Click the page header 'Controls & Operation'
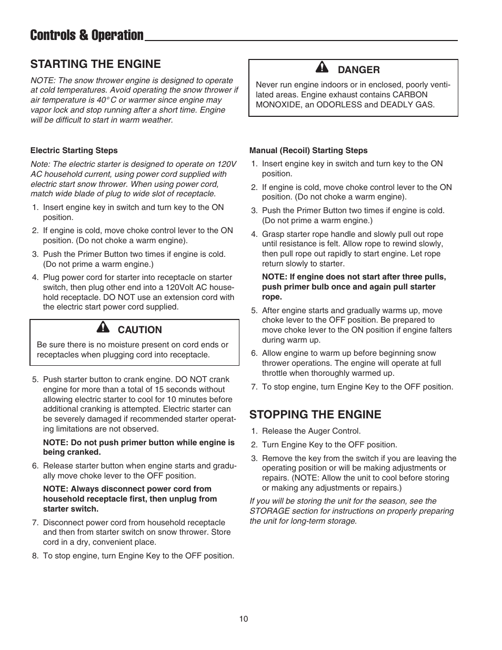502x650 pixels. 87,35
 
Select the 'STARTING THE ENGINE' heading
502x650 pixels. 95,64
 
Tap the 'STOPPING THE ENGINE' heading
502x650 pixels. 315,414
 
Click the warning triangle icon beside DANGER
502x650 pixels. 322,68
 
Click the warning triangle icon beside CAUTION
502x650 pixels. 103,328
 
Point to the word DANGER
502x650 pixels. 358,70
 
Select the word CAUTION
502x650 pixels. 139,330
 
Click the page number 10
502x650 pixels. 243,619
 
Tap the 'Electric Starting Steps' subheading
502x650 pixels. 74,151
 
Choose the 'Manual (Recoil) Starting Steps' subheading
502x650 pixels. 308,151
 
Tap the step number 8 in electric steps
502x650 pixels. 35,556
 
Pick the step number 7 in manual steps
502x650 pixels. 254,387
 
